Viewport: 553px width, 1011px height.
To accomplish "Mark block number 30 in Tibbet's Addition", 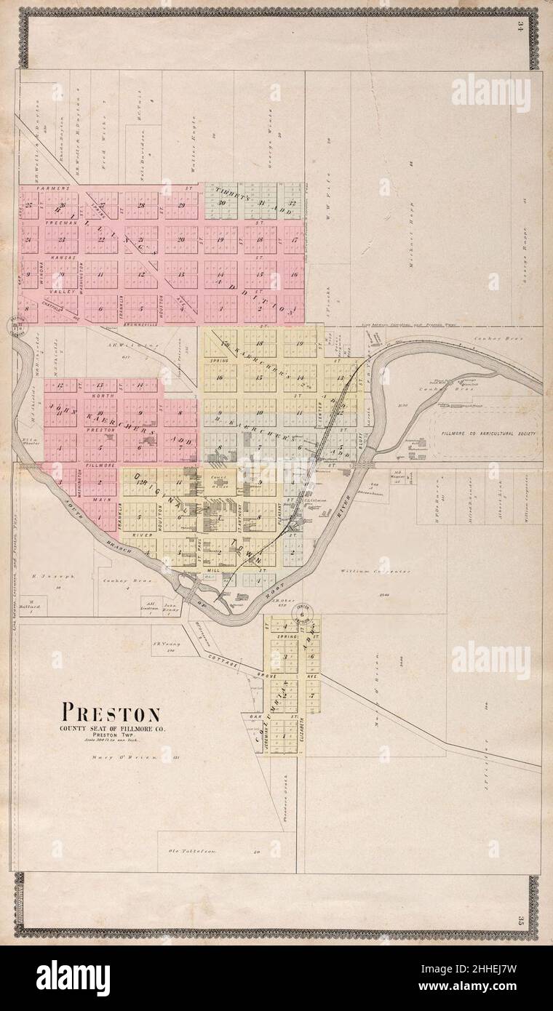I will (220, 203).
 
